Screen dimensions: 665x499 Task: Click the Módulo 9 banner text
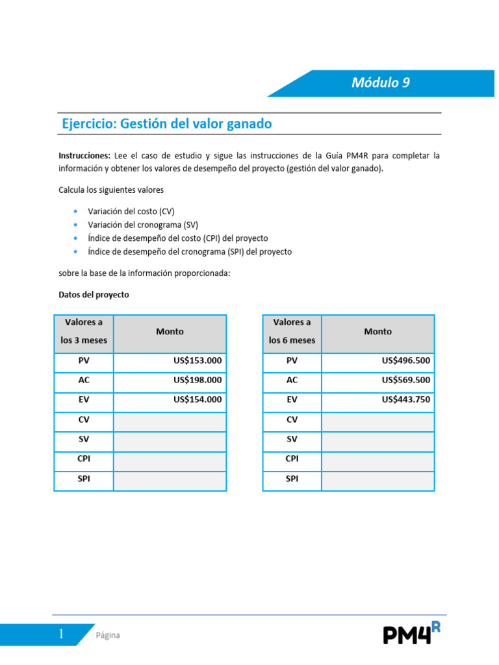380,82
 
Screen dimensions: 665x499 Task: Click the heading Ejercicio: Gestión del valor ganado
166,123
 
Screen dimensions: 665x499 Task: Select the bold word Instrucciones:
84,156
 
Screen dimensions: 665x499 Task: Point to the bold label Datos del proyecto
94,294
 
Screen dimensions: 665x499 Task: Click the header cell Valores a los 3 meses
84,331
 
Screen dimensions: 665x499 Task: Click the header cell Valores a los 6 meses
292,331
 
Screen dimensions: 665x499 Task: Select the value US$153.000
198,361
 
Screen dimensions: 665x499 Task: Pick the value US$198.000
198,381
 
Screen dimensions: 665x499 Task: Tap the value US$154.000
198,400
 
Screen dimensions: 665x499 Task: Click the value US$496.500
406,361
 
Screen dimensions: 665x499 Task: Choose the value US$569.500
406,381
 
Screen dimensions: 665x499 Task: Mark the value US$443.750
406,400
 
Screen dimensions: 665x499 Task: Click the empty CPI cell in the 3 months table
170,459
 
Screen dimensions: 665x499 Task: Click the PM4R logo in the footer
411,633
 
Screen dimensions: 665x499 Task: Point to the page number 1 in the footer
61,634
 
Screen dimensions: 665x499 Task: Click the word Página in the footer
108,635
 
